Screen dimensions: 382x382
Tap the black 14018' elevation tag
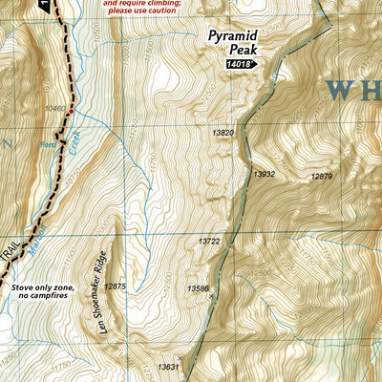pyautogui.click(x=243, y=64)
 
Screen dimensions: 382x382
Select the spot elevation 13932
pyautogui.click(x=265, y=174)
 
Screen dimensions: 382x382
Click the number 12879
pyautogui.click(x=322, y=176)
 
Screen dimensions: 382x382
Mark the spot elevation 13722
pyautogui.click(x=209, y=242)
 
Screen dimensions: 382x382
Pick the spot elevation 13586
pyautogui.click(x=198, y=287)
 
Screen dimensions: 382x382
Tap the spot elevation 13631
pyautogui.click(x=168, y=367)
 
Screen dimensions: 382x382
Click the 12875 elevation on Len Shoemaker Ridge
pyautogui.click(x=115, y=286)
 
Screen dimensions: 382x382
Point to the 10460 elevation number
pyautogui.click(x=53, y=110)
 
